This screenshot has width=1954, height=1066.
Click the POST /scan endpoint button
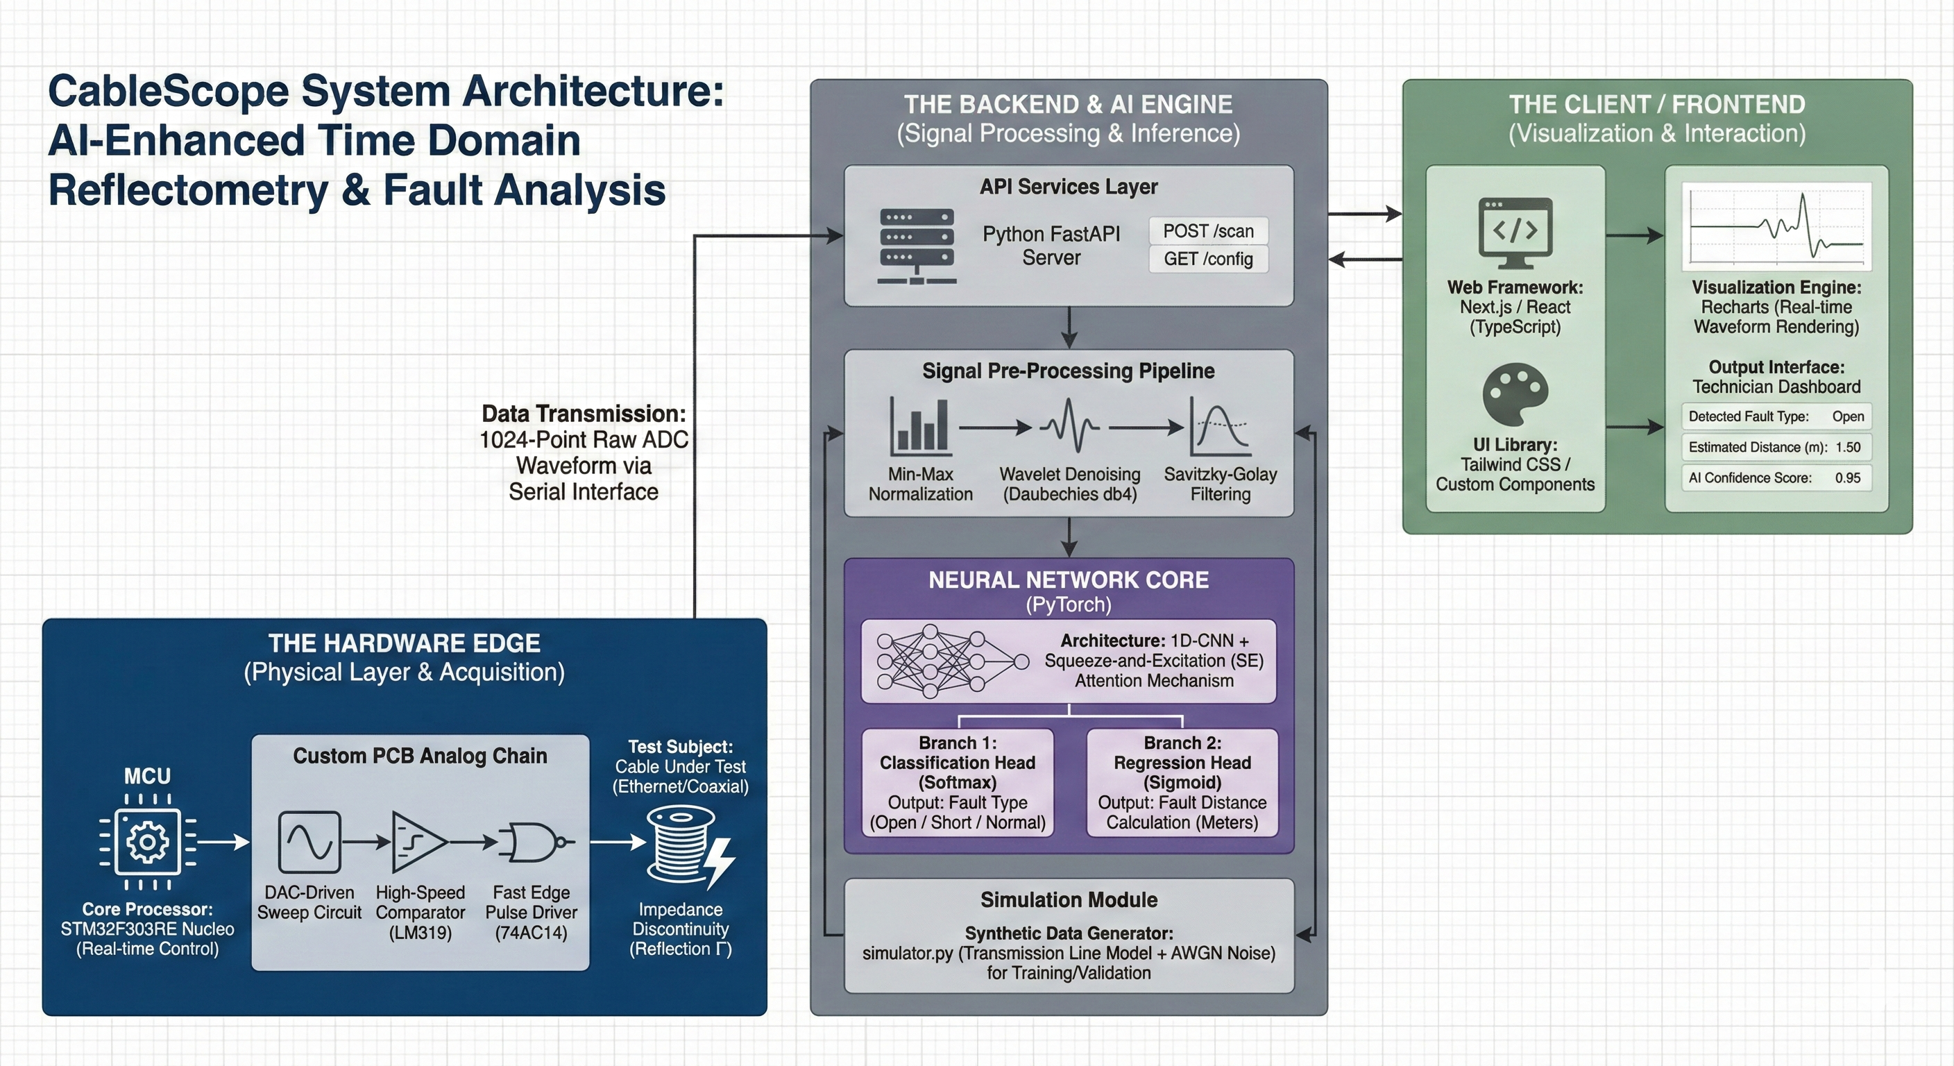click(1207, 231)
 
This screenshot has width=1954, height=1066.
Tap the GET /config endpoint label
click(1207, 259)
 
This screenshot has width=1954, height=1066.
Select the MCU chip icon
click(147, 841)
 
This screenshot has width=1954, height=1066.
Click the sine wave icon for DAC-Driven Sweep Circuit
click(309, 841)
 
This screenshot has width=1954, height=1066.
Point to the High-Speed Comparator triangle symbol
click(418, 841)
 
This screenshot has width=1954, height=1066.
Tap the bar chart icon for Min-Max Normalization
click(920, 427)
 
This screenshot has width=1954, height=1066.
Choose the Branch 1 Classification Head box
click(958, 782)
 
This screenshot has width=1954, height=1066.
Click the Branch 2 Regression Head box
click(1182, 782)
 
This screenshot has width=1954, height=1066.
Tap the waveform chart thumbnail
click(1776, 226)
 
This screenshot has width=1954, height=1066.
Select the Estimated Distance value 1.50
click(1848, 447)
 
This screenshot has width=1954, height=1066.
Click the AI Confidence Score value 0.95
click(1848, 478)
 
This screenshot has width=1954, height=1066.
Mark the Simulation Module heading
click(1068, 900)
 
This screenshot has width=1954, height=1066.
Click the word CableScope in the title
click(169, 92)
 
